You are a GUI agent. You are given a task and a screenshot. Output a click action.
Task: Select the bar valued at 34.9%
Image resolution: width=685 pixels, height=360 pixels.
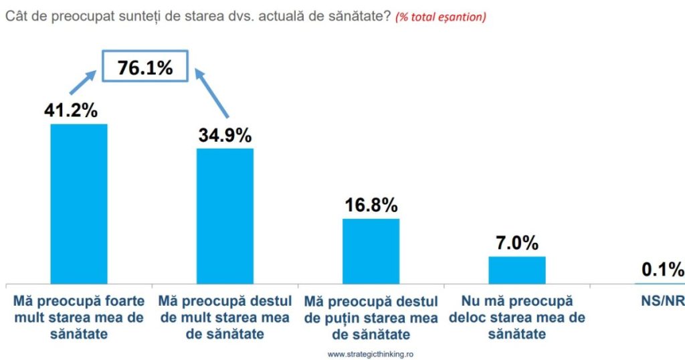tap(225, 215)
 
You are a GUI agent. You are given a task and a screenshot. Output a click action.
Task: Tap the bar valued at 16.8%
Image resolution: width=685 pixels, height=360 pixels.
tap(371, 250)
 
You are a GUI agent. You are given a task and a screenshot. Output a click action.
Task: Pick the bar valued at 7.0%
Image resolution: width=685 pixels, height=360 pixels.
tap(517, 269)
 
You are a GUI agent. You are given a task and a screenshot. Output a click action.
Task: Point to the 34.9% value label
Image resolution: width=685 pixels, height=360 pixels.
tap(225, 135)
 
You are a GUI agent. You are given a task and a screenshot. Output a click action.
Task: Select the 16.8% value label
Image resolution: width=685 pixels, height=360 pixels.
tap(371, 205)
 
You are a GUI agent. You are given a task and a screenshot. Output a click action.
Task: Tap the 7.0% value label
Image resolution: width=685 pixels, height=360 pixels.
tap(517, 243)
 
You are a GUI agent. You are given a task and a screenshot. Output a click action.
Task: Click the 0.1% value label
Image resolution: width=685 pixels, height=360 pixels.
tap(663, 270)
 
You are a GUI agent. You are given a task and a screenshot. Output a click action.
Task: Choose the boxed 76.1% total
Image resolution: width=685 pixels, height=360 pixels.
tap(146, 68)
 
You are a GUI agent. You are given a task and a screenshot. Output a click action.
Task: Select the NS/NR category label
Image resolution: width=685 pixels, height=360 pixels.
tap(663, 302)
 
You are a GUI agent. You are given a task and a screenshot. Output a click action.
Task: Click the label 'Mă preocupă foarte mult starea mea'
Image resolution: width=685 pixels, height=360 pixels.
tap(79, 318)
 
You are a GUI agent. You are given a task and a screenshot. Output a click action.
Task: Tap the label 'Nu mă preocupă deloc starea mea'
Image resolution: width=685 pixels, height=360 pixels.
tap(517, 318)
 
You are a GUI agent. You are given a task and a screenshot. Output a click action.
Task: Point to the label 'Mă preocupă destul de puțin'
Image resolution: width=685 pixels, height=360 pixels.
tap(371, 318)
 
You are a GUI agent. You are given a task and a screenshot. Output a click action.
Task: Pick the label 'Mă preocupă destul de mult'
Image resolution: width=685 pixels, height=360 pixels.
tap(225, 318)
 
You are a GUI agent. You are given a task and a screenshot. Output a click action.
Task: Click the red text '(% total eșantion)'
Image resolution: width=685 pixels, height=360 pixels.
tap(441, 18)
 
